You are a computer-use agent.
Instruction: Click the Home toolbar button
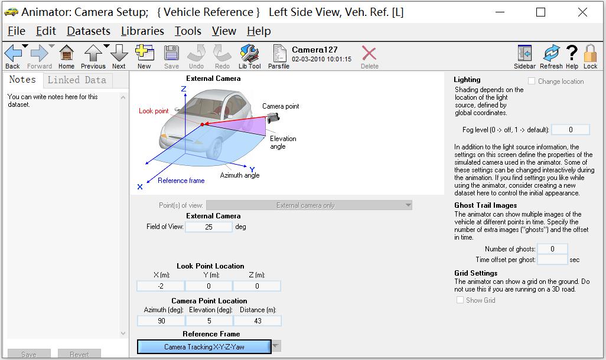[x=66, y=55]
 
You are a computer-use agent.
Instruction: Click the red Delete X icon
[x=369, y=54]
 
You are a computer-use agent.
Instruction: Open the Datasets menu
[x=89, y=31]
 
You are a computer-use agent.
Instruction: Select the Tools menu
[x=188, y=31]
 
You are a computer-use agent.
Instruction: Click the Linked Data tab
[x=77, y=80]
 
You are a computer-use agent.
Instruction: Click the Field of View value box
[x=208, y=227]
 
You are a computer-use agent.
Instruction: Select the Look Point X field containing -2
[x=160, y=286]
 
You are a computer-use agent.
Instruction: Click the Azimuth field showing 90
[x=160, y=321]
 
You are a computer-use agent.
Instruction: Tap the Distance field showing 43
[x=257, y=321]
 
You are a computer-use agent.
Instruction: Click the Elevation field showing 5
[x=208, y=321]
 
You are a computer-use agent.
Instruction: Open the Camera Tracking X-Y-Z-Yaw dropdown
[x=276, y=346]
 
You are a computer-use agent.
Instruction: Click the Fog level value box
[x=570, y=130]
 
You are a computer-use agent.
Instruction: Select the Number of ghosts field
[x=552, y=249]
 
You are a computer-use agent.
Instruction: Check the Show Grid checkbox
[x=460, y=300]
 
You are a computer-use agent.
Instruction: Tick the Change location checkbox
[x=532, y=81]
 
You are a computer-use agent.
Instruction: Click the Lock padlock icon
[x=590, y=54]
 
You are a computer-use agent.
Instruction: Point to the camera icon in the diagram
[x=273, y=117]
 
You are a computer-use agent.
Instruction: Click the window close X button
[x=582, y=12]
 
